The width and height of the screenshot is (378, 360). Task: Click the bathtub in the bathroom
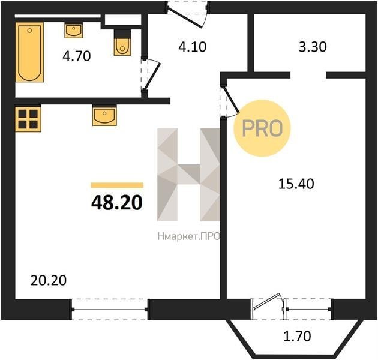(29, 52)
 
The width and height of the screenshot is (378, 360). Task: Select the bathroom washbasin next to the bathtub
(74, 31)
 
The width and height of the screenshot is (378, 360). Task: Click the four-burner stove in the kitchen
(28, 119)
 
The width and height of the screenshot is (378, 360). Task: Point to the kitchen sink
(104, 116)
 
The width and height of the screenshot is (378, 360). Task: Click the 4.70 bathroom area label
(77, 56)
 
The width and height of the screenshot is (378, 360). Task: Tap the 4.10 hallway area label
(193, 47)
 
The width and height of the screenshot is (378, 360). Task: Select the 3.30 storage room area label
(313, 47)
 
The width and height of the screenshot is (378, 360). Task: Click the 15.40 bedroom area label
(296, 184)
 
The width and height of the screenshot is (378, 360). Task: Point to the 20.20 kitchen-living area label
(49, 281)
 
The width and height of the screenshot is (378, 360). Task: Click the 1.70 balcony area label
(297, 337)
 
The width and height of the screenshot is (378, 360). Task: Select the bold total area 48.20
(117, 203)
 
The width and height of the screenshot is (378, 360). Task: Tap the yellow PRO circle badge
(262, 128)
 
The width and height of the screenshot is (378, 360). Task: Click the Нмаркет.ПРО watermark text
(189, 237)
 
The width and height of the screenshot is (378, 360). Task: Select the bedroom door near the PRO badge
(229, 101)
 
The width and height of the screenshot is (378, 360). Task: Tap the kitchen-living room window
(110, 310)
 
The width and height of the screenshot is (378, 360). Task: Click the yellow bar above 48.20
(117, 185)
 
